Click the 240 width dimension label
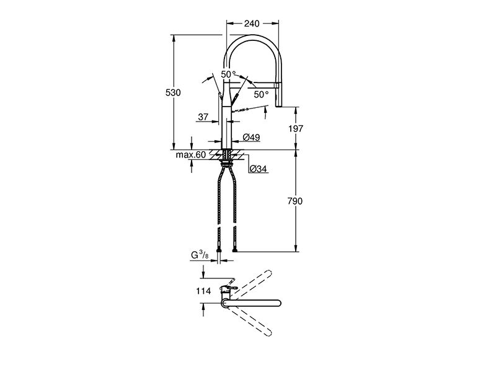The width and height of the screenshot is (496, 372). pyautogui.click(x=252, y=24)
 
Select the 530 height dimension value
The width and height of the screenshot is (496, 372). pyautogui.click(x=173, y=92)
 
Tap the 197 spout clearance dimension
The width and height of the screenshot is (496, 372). pyautogui.click(x=296, y=128)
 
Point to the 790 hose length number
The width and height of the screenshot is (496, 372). pyautogui.click(x=295, y=201)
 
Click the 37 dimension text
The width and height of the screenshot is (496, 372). pyautogui.click(x=203, y=117)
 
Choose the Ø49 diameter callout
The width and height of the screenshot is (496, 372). pyautogui.click(x=252, y=137)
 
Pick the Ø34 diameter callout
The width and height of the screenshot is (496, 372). pyautogui.click(x=258, y=169)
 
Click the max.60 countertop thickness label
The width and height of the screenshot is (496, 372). pyautogui.click(x=191, y=155)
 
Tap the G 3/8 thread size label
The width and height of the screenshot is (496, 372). pyautogui.click(x=200, y=255)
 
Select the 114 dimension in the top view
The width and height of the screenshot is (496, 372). pyautogui.click(x=203, y=291)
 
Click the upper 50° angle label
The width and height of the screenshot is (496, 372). pyautogui.click(x=228, y=74)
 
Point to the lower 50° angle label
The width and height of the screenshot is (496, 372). pyautogui.click(x=261, y=94)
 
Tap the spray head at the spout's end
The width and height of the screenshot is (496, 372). pyautogui.click(x=278, y=95)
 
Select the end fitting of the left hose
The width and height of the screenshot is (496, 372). pyautogui.click(x=219, y=250)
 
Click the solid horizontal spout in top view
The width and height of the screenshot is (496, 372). pyautogui.click(x=252, y=303)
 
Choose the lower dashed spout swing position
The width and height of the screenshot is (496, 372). pyautogui.click(x=250, y=320)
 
